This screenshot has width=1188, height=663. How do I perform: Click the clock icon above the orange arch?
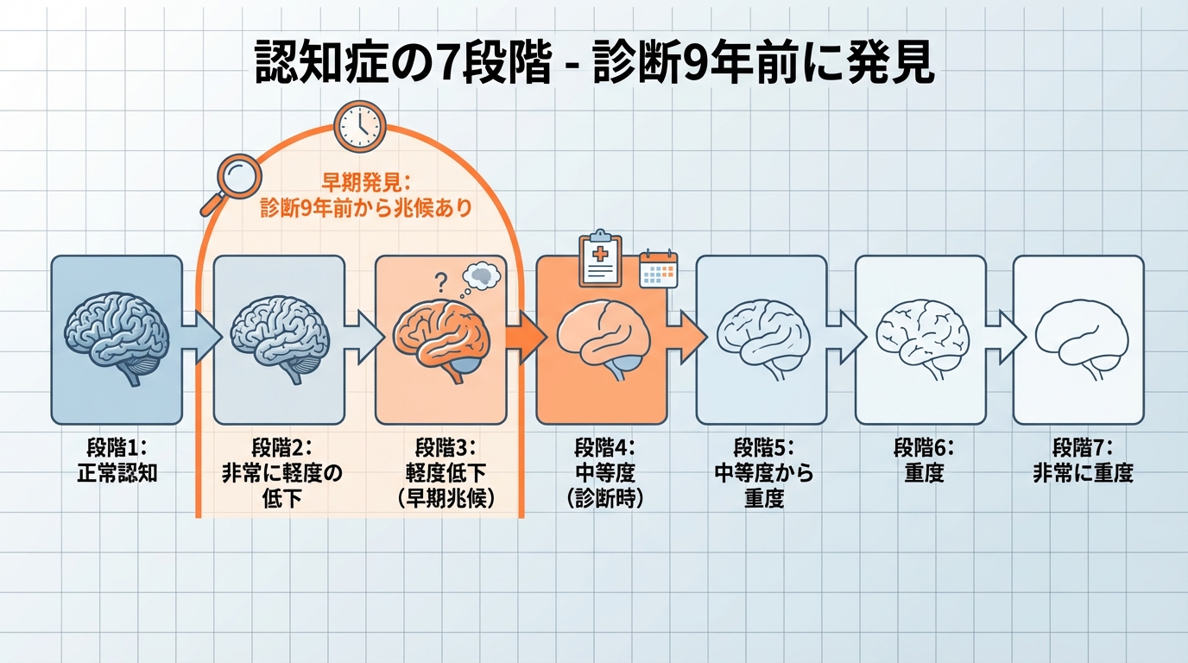358,126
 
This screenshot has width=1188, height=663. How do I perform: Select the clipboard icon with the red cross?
600,259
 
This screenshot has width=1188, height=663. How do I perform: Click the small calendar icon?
658,269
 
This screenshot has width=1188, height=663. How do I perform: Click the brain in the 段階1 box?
117,334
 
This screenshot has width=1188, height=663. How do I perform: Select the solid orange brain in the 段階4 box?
601,338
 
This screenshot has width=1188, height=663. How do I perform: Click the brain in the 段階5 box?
762,338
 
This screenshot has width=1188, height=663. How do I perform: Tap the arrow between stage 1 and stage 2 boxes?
198,338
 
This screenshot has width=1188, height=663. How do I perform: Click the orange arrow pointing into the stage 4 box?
522,338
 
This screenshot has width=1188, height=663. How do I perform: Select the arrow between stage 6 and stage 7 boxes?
1000,338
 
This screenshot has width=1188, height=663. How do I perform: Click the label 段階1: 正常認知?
117,460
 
